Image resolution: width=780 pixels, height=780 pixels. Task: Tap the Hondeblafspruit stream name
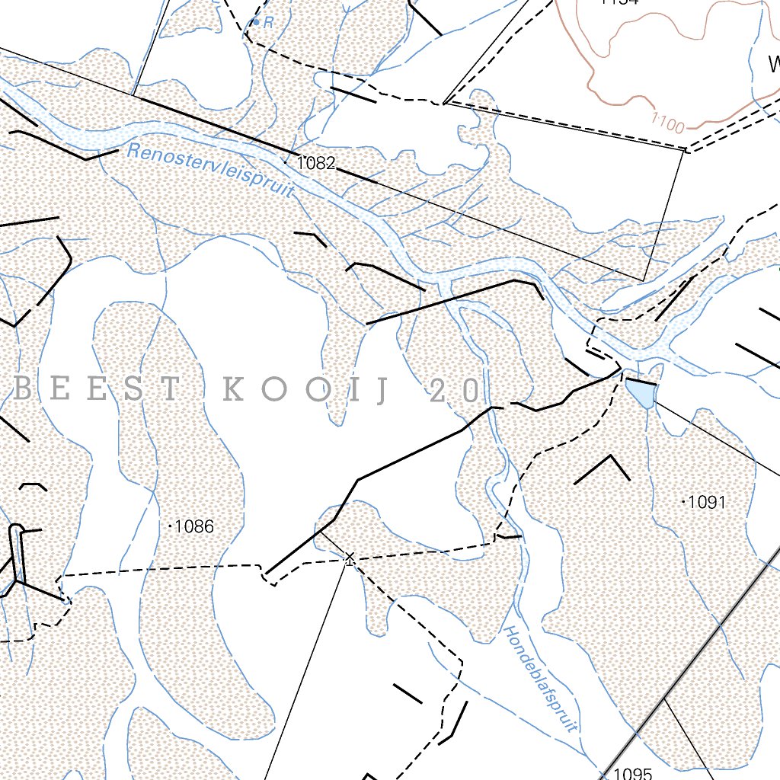click(x=542, y=679)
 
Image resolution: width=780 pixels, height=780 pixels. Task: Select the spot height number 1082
click(x=316, y=163)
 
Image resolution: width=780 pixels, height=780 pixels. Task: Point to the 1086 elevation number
click(x=194, y=526)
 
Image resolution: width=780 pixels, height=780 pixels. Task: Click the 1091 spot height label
click(x=707, y=502)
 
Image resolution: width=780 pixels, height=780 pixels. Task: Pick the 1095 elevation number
click(x=632, y=774)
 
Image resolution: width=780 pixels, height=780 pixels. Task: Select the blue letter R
click(x=268, y=24)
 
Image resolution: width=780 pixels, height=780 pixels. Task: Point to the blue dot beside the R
click(x=257, y=23)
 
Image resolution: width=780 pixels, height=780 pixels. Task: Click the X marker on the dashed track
click(x=350, y=559)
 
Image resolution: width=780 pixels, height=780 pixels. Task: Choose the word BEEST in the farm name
click(x=98, y=391)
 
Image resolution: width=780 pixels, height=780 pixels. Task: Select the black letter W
click(x=774, y=62)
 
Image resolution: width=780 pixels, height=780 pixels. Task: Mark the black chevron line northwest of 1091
click(x=604, y=468)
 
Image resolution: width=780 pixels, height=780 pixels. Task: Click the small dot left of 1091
click(x=682, y=501)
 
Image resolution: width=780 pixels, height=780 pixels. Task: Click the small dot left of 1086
click(x=169, y=526)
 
